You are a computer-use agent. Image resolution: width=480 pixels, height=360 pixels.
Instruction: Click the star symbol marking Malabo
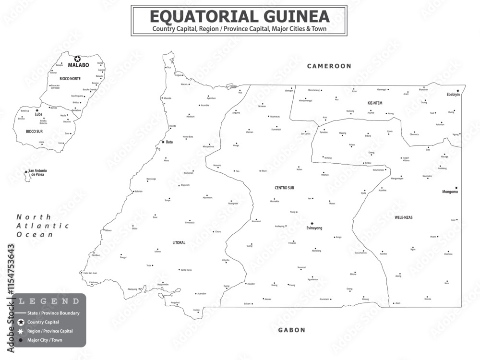tap(77, 59)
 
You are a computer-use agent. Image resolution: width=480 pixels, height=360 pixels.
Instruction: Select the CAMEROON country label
tap(329, 66)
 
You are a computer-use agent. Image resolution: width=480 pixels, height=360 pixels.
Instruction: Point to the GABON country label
tap(291, 330)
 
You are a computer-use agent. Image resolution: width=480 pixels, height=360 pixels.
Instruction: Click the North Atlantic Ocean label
tap(43, 226)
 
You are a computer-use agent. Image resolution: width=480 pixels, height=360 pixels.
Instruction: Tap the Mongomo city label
tap(450, 192)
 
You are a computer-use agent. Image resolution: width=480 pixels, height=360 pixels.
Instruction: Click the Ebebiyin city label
tap(453, 95)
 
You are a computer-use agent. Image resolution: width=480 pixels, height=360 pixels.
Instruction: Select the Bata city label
tap(169, 142)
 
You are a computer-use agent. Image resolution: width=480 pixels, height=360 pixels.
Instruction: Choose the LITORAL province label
tap(179, 243)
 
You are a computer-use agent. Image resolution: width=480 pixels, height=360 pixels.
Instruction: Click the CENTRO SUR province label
tap(284, 188)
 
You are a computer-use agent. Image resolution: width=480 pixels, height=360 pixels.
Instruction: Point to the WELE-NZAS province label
tap(403, 217)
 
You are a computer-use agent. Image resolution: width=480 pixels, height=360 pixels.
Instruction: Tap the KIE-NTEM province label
tap(374, 103)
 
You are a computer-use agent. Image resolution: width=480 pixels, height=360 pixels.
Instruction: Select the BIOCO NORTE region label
tap(71, 78)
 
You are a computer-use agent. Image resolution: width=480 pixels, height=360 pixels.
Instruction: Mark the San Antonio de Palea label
tap(37, 172)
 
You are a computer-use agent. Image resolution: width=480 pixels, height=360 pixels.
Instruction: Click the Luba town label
tap(38, 114)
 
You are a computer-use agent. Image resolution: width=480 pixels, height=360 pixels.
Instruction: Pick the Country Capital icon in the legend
tap(21, 322)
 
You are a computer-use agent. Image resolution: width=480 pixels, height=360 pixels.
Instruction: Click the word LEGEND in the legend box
tap(49, 301)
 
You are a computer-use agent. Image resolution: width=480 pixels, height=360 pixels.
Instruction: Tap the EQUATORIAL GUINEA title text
tap(240, 17)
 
